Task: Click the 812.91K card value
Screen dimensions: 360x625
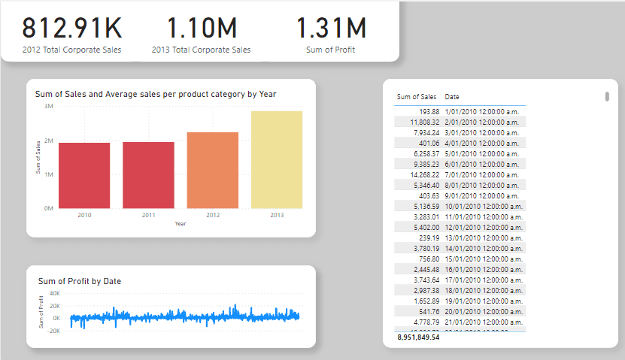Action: click(71, 27)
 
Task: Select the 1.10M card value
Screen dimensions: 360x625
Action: click(202, 27)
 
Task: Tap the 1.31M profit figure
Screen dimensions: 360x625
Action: click(331, 27)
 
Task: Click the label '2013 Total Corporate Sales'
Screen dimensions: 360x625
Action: click(202, 50)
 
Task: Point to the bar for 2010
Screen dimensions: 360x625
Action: click(83, 175)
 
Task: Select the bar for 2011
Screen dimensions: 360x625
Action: click(148, 175)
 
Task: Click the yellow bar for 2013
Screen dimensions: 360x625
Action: click(277, 159)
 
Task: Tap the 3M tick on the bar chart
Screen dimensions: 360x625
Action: click(47, 107)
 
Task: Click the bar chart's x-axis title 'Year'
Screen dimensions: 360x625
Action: click(181, 223)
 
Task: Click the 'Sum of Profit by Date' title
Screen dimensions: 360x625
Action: click(80, 281)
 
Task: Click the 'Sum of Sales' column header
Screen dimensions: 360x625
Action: click(416, 97)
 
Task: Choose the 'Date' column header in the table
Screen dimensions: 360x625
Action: click(452, 97)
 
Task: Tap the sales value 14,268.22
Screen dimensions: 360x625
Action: click(422, 174)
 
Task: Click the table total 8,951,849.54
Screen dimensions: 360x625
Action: click(418, 337)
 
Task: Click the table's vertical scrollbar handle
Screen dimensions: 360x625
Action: click(606, 96)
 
